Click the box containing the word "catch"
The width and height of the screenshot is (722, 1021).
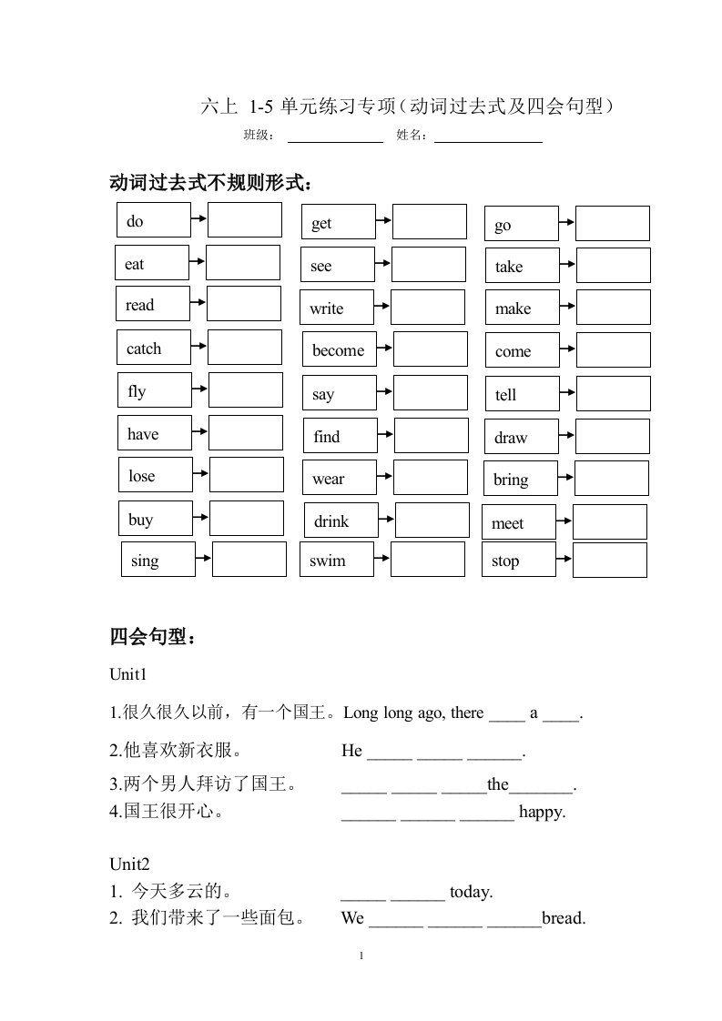click(x=152, y=348)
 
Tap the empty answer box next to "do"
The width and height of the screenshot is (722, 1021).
click(x=244, y=219)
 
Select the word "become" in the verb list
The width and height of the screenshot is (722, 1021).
click(x=339, y=350)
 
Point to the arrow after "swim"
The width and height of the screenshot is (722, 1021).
click(x=381, y=559)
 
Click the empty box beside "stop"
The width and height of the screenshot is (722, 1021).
click(x=609, y=560)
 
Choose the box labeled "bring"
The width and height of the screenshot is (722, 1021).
click(x=519, y=480)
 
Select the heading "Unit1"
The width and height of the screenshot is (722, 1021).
click(x=128, y=675)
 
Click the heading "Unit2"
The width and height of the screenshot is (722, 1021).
click(x=128, y=864)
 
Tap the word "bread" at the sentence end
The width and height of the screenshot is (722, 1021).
click(x=564, y=918)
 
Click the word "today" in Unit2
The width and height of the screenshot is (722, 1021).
click(x=472, y=893)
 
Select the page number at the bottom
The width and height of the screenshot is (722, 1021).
click(x=361, y=955)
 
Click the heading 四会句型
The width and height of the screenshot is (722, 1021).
click(x=152, y=637)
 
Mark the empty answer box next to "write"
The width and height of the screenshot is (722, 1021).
click(x=427, y=307)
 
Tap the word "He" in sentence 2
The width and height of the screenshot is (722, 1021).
click(x=351, y=751)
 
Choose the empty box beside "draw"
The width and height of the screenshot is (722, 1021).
click(x=613, y=436)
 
